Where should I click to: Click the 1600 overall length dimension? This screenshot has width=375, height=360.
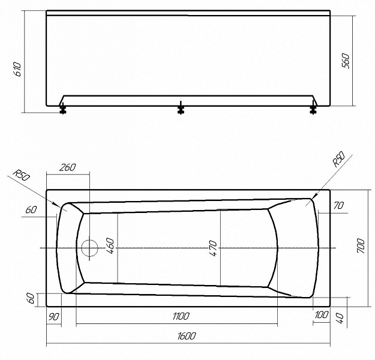187,336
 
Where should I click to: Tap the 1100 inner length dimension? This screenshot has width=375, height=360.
181,316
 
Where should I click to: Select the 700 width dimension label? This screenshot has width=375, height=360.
361,246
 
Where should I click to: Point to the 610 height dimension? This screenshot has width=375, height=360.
18,69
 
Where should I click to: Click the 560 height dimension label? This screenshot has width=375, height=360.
346,61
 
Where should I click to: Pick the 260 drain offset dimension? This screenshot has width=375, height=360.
67,167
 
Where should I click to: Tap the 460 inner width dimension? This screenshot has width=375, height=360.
110,246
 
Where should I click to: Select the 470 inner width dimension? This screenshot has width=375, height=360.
213,249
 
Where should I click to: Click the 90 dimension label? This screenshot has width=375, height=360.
53,317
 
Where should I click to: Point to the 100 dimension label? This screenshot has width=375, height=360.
322,315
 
